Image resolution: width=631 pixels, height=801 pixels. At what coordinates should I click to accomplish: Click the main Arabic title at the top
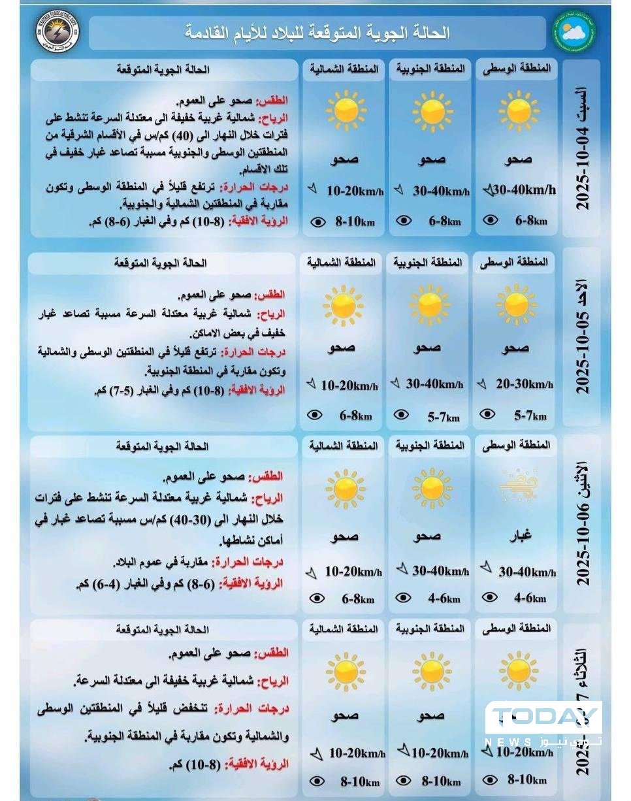point(317,33)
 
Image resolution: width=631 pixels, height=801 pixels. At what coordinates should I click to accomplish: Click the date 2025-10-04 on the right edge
point(583,168)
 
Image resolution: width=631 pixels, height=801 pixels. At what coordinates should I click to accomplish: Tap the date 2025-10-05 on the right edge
point(583,353)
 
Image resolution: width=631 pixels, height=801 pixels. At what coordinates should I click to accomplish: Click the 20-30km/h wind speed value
point(525,384)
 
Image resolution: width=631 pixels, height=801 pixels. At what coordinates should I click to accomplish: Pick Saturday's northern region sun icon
point(346,110)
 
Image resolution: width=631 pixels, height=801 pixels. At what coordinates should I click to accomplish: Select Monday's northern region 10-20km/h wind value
point(353,572)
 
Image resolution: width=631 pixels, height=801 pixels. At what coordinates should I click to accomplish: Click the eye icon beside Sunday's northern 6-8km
point(315,414)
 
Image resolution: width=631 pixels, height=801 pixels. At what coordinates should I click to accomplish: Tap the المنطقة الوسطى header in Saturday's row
point(516,69)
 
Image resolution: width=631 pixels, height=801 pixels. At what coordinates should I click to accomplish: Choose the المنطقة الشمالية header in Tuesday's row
point(342,629)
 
